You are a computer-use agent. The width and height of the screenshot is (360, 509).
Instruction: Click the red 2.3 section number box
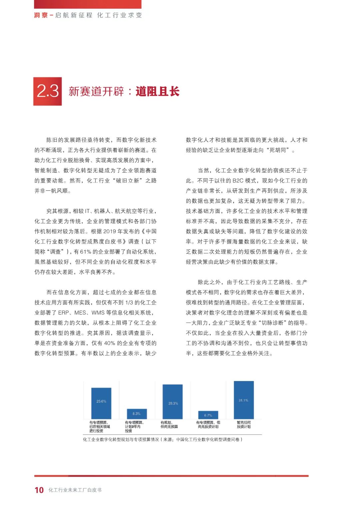[x=48, y=91]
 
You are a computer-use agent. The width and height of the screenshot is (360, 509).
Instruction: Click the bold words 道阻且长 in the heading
[x=157, y=91]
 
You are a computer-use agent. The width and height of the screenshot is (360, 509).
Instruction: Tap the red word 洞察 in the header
[x=41, y=15]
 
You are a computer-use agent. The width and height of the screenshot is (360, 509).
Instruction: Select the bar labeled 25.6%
[x=101, y=403]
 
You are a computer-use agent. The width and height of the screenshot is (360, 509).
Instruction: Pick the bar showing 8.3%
[x=137, y=414]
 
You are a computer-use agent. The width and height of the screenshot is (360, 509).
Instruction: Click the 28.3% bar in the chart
[x=173, y=402]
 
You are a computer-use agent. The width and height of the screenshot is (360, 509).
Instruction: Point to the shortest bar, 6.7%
[x=208, y=415]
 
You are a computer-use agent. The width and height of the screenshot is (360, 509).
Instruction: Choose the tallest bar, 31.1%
[x=244, y=400]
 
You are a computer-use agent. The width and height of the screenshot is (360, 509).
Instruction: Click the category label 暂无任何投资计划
[x=244, y=425]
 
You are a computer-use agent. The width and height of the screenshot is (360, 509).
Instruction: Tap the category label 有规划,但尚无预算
[x=169, y=425]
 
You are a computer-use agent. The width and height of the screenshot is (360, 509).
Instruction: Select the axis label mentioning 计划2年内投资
[x=134, y=427]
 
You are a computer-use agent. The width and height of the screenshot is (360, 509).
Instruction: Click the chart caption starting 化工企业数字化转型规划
[x=163, y=440]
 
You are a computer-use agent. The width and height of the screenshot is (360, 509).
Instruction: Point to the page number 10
[x=39, y=490]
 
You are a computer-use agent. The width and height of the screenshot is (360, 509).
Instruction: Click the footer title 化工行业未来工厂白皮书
[x=75, y=490]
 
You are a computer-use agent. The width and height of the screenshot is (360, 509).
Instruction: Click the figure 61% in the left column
[x=86, y=252]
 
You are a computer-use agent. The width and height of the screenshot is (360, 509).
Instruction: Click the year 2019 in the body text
[x=110, y=231]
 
